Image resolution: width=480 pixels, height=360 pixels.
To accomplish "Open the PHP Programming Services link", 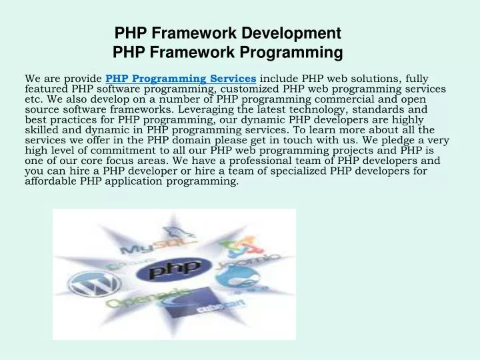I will pos(181,79).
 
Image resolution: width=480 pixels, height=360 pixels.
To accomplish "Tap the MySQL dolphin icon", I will pos(180,230).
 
